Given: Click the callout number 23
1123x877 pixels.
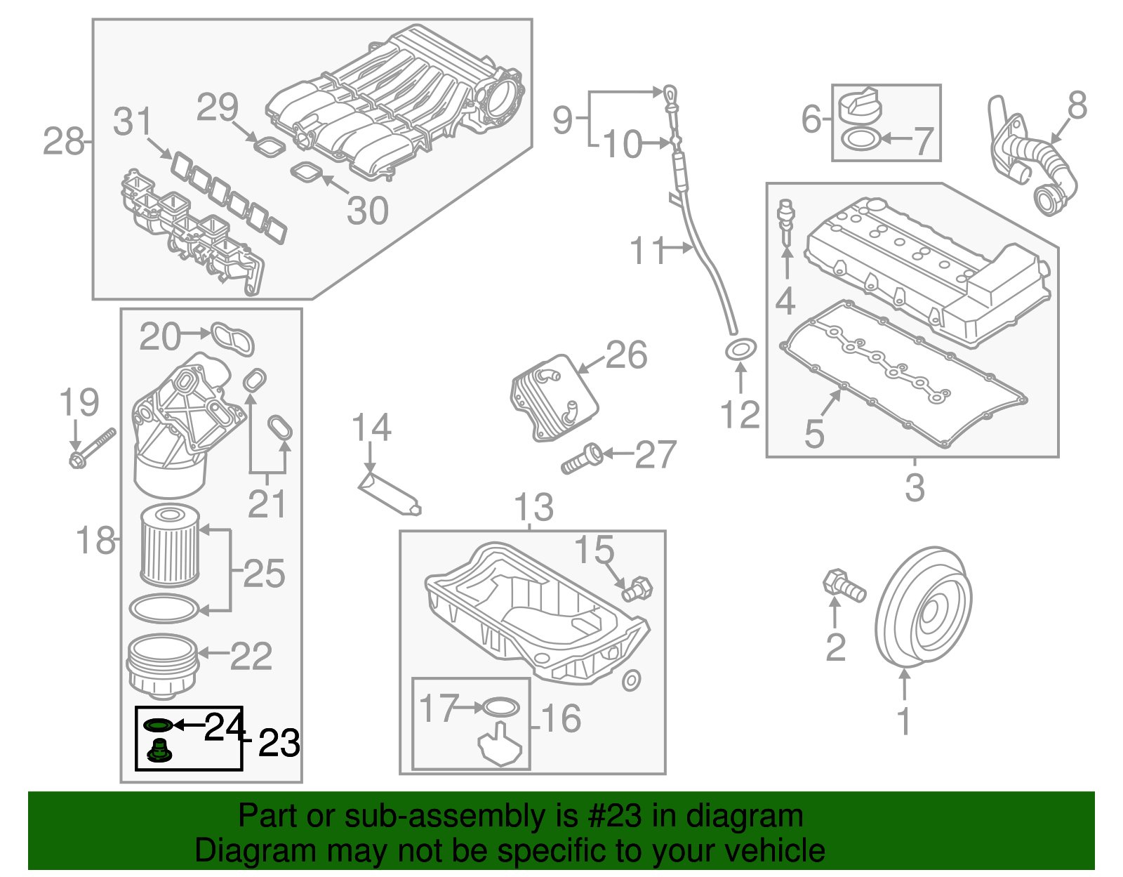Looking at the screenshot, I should [279, 744].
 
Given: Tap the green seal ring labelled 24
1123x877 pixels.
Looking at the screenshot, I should [157, 725].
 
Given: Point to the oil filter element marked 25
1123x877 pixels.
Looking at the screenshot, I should [170, 546].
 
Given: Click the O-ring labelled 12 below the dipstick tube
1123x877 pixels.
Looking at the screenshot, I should [740, 349].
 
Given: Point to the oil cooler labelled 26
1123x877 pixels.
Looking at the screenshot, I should [554, 397].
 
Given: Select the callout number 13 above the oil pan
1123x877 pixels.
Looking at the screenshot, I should [533, 508].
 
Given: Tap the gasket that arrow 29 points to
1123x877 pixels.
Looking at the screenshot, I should [268, 147].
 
